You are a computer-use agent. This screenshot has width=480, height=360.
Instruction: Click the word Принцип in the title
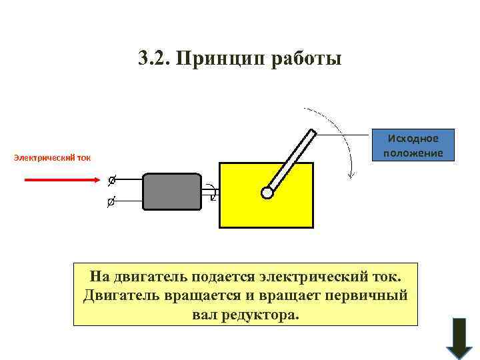[223, 59]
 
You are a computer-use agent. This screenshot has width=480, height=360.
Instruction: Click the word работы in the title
[307, 59]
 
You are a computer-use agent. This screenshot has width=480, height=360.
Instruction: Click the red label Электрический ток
[52, 158]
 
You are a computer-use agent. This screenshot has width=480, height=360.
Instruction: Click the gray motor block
[171, 192]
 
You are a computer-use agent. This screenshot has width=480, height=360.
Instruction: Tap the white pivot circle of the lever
[267, 193]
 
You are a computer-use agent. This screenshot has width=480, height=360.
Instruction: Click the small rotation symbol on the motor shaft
[211, 191]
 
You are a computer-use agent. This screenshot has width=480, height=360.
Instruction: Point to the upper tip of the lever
[311, 133]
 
